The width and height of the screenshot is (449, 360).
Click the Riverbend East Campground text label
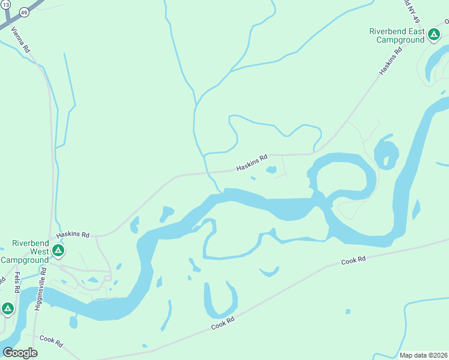[x=396, y=35]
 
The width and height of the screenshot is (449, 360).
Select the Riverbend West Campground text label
[x=25, y=251]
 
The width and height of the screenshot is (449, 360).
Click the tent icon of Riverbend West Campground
[x=58, y=250]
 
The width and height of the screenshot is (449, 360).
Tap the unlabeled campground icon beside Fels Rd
[x=7, y=308]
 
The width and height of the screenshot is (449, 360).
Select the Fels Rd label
[x=17, y=281]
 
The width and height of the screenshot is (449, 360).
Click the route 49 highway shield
[x=24, y=11]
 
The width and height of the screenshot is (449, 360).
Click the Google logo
[x=20, y=352]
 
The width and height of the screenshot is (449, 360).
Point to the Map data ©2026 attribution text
[x=423, y=355]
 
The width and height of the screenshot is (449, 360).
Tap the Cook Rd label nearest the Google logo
[x=51, y=341]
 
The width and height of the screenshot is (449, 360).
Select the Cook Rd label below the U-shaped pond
[x=222, y=323]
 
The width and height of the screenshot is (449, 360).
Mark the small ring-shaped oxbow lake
[x=386, y=154]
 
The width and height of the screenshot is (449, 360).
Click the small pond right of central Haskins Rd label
[x=271, y=170]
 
